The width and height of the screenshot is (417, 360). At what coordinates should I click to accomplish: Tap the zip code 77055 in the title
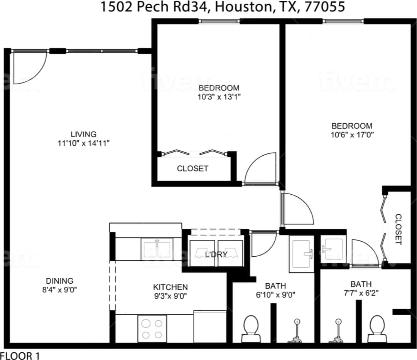pos(323,7)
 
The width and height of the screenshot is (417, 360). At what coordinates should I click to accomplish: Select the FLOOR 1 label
pos(20,355)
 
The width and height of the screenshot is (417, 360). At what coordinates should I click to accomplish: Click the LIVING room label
pos(83,134)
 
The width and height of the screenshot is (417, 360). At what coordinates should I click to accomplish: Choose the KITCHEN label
pos(171,287)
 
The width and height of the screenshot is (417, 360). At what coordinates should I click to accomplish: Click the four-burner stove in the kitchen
pos(152,328)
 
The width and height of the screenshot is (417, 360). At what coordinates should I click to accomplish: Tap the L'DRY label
pos(216,254)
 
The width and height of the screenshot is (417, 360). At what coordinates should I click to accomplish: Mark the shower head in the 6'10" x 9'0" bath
pos(297,322)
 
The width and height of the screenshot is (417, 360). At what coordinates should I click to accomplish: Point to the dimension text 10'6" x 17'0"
pos(352,135)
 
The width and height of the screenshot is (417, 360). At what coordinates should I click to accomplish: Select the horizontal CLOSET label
pos(192,168)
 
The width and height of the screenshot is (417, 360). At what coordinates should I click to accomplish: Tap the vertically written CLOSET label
pos(398,229)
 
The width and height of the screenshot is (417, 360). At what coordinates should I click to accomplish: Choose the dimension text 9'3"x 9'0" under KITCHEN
pos(171,296)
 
